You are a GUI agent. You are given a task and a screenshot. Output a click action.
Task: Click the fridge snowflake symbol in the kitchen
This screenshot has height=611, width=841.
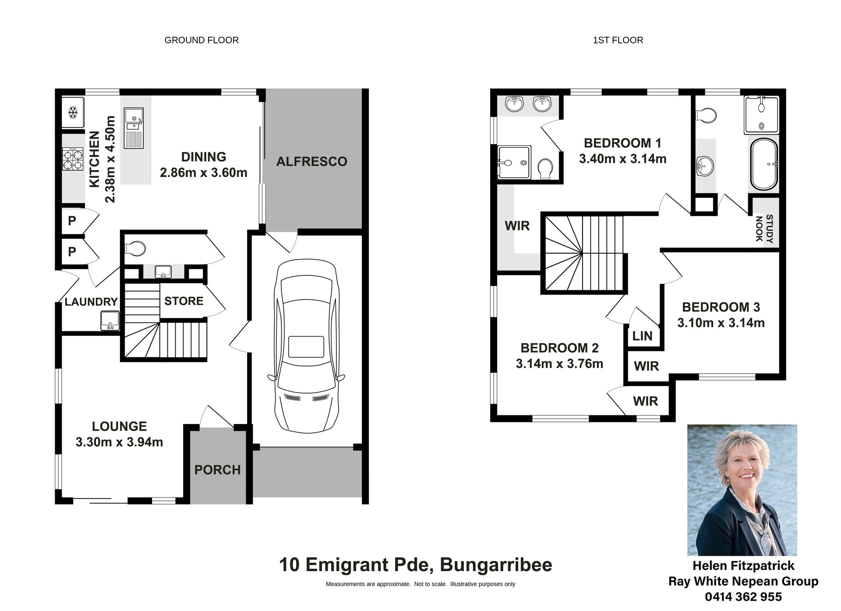(73, 112)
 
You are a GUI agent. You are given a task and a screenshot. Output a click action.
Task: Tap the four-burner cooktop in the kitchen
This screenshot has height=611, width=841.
(73, 159)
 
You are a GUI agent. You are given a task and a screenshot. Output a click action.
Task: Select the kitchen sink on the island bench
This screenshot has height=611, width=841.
(134, 128)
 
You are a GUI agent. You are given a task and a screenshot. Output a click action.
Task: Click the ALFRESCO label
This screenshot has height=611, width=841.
(311, 162)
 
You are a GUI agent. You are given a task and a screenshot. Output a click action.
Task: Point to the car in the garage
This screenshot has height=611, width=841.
(306, 346)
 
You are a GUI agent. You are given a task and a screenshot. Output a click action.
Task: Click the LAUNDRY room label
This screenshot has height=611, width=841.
(91, 302)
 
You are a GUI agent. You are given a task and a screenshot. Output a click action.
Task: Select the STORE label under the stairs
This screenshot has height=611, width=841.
(184, 301)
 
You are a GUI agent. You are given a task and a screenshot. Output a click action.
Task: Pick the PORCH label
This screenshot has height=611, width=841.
(218, 470)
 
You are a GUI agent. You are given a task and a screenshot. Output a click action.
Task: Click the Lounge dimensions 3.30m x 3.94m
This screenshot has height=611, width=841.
(119, 442)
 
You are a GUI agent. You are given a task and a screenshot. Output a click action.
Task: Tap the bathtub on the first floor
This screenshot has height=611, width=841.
(764, 164)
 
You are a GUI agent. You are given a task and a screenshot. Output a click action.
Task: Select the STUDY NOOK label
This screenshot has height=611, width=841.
(764, 228)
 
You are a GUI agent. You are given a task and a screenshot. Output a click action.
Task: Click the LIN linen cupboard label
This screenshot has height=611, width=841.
(642, 336)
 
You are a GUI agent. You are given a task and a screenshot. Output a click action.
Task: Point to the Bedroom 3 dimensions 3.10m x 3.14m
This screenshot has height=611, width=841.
(721, 323)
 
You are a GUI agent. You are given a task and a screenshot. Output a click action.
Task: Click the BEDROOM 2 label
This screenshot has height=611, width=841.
(559, 348)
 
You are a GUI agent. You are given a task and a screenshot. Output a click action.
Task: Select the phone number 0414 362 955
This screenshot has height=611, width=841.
(743, 597)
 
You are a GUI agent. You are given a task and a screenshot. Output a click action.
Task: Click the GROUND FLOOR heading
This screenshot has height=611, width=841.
(201, 40)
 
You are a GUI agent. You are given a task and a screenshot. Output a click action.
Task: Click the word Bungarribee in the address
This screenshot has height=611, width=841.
(496, 565)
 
